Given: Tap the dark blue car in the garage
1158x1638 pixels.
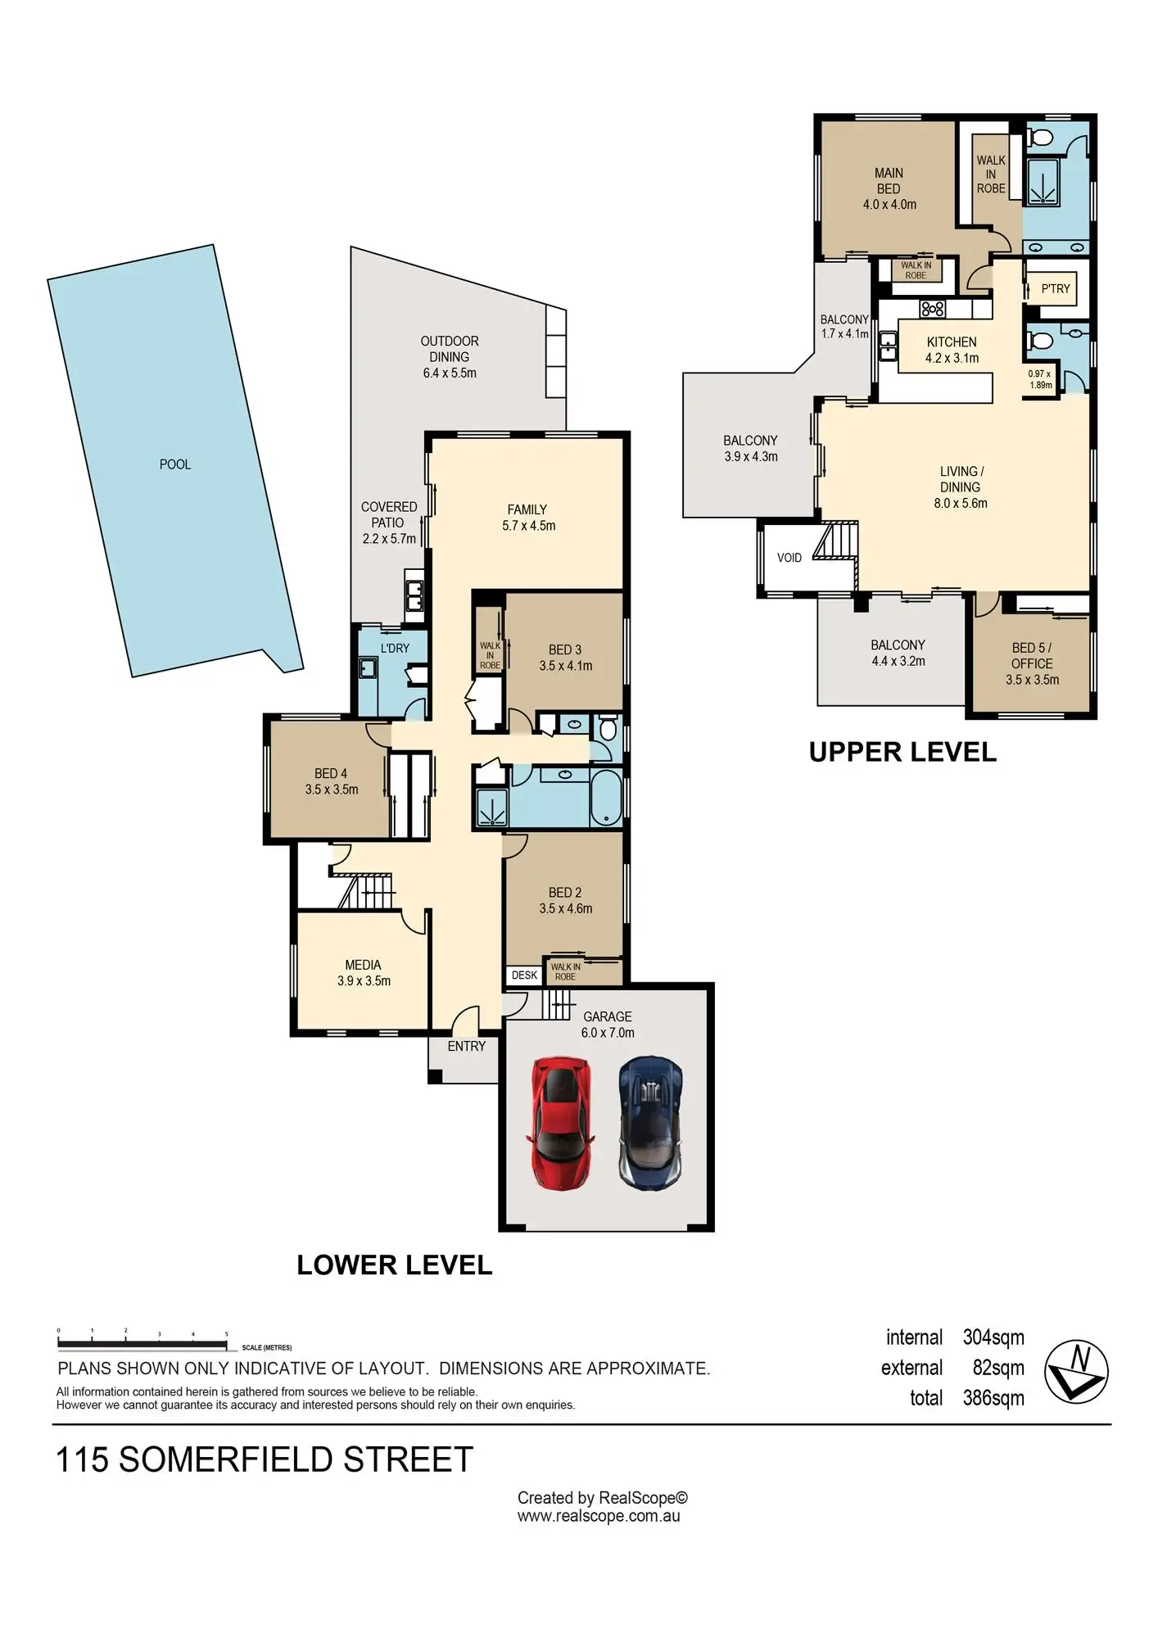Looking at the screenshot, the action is [651, 1122].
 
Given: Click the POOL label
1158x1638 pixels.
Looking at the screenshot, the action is [175, 464].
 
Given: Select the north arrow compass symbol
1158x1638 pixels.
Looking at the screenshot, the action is [1076, 1371].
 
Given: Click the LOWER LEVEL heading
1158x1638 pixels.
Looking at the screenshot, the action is [394, 1265].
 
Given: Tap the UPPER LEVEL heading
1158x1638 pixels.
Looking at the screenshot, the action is [902, 752].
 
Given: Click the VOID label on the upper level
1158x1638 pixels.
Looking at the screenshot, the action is [789, 558].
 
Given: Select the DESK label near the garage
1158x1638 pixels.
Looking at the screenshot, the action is [524, 975].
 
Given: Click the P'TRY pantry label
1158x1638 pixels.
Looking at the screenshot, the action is [1056, 289].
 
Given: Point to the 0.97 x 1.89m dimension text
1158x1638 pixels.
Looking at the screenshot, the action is [1040, 379].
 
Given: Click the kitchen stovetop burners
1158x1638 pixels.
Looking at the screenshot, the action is [933, 309].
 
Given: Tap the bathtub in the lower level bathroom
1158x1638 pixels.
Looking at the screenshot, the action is [607, 797].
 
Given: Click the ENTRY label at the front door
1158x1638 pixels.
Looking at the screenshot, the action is [467, 1046].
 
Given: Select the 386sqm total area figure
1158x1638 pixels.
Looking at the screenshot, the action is [993, 1398].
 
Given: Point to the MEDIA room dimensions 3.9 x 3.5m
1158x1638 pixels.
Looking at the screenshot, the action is [364, 980].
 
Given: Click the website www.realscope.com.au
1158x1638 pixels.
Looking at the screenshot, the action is [599, 1516].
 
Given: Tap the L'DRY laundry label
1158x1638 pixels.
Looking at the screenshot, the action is [395, 648].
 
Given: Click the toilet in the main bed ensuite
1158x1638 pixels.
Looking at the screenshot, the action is [1041, 138].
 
